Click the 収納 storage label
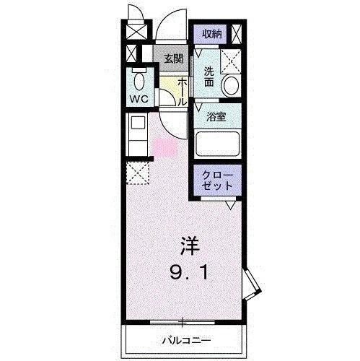210,34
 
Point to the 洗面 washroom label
208,77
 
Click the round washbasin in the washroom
231,87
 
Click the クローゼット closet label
217,180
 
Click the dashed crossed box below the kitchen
138,173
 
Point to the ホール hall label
183,92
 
